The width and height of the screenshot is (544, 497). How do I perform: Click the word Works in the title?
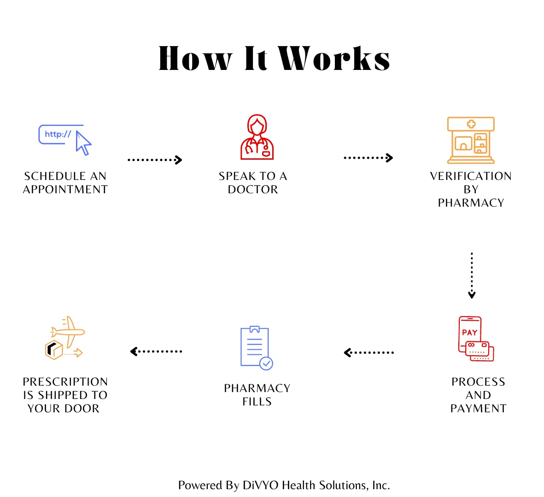[x=335, y=59]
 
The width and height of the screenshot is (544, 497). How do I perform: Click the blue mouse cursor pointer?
[x=83, y=143]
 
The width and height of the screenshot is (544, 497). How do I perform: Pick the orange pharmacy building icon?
[x=471, y=140]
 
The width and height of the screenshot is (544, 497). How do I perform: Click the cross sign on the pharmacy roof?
[x=471, y=124]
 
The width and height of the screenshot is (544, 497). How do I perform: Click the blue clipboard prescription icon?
[x=255, y=346]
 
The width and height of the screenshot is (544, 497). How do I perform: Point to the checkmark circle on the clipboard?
[x=266, y=364]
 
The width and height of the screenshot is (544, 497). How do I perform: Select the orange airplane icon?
[x=68, y=331]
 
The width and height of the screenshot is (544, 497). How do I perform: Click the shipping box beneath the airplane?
[x=54, y=350]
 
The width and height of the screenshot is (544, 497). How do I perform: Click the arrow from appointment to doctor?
[x=155, y=160]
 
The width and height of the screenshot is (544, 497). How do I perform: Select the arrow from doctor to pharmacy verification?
[x=368, y=158]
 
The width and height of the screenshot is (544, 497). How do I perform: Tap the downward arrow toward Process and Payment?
[x=472, y=275]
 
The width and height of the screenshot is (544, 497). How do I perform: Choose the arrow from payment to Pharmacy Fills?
[x=369, y=353]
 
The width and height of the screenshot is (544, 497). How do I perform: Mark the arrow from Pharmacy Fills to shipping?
[x=156, y=352]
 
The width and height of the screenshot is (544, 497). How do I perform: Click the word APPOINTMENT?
[x=65, y=190]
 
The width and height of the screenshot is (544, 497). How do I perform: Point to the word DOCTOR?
[x=253, y=190]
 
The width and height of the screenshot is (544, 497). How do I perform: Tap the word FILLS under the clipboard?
[x=257, y=402]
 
